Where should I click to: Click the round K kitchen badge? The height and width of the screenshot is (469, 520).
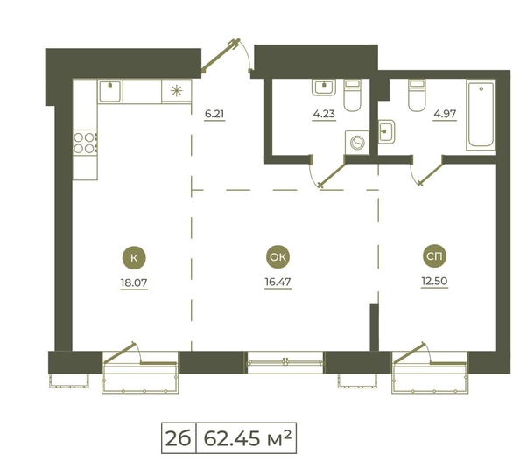(x=134, y=257)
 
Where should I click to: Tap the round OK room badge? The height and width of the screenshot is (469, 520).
(x=278, y=257)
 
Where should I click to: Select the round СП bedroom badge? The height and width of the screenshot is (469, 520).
(x=434, y=255)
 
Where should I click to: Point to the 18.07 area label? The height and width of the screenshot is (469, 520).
(x=134, y=283)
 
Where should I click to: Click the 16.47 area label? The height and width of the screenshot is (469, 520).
(x=278, y=282)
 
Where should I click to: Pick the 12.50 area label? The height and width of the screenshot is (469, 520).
(x=434, y=281)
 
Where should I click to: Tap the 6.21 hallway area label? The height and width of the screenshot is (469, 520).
(x=214, y=114)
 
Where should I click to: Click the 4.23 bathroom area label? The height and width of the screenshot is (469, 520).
(x=324, y=114)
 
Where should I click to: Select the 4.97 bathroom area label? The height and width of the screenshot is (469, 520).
(x=445, y=114)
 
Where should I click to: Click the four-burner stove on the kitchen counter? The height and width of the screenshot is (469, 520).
(x=85, y=143)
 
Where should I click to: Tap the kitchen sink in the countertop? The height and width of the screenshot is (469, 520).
(x=109, y=91)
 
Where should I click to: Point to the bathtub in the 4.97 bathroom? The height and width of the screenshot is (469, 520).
(x=481, y=115)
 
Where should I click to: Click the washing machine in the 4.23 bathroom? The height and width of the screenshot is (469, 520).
(x=357, y=143)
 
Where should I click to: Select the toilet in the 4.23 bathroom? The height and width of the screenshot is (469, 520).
(x=352, y=95)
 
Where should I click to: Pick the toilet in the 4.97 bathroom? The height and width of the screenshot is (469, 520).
(x=417, y=95)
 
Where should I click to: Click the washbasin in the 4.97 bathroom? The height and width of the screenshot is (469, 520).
(x=387, y=131)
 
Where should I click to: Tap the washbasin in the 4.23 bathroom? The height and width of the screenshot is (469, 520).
(x=324, y=87)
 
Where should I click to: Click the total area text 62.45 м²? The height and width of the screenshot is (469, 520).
(x=248, y=438)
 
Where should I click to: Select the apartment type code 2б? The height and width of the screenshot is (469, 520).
(x=178, y=438)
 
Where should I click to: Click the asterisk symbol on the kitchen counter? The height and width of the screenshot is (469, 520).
(x=177, y=91)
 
